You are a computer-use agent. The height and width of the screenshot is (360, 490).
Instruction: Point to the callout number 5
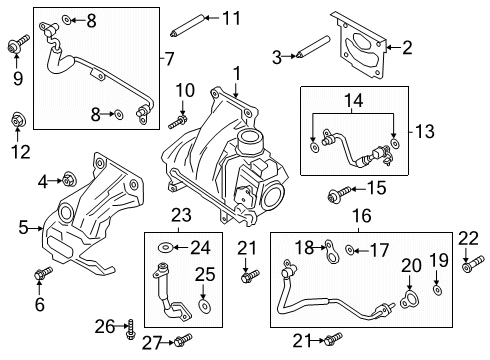[21, 228]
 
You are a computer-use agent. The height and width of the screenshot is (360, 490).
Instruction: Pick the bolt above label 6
[41, 274]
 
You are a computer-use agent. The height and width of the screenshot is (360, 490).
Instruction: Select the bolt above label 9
[17, 46]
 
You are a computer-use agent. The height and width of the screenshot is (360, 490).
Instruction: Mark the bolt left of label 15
[336, 191]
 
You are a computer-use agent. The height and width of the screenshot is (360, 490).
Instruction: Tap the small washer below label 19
[438, 290]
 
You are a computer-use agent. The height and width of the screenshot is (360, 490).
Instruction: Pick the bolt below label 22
[467, 267]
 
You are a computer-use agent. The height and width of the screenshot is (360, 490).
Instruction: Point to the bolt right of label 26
[133, 325]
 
